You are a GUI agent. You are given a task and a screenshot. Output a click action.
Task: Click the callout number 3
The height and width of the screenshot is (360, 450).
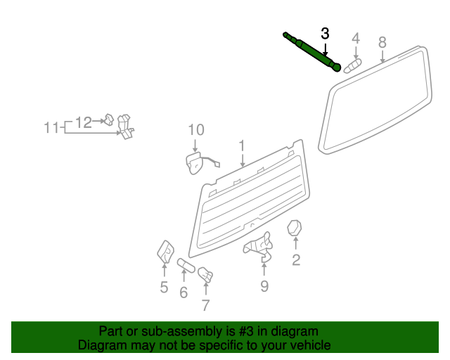pyautogui.click(x=325, y=33)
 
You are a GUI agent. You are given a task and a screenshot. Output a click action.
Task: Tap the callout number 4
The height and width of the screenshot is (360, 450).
pyautogui.click(x=356, y=38)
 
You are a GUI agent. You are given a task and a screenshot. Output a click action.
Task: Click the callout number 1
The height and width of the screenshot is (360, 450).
pyautogui.click(x=241, y=146)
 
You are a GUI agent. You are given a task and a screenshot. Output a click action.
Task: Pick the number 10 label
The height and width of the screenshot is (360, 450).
pyautogui.click(x=195, y=129)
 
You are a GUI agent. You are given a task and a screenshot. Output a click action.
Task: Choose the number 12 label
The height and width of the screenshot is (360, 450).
pyautogui.click(x=84, y=122)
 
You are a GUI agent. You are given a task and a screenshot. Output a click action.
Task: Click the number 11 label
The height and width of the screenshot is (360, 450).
pyautogui.click(x=51, y=128)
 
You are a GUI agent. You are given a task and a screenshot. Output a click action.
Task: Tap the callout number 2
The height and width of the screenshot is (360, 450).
pyautogui.click(x=296, y=261)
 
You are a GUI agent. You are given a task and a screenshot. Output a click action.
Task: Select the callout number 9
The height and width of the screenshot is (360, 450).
pyautogui.click(x=264, y=285)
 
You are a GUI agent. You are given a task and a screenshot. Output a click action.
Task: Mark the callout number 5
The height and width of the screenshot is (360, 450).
pyautogui.click(x=164, y=287)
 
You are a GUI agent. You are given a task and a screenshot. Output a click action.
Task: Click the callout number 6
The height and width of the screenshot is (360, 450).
pyautogui.click(x=184, y=292)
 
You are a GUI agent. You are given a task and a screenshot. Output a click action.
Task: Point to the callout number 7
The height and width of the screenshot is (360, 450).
pyautogui.click(x=205, y=305)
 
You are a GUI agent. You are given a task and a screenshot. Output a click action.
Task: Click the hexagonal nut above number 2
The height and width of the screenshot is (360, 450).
pyautogui.click(x=295, y=229)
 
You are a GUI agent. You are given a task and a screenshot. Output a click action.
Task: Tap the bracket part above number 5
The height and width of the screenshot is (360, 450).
pyautogui.click(x=165, y=251)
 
